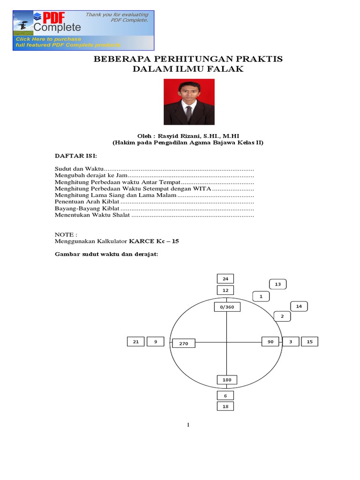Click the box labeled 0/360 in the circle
(x=226, y=307)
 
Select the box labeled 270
(x=183, y=344)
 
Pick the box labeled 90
(x=270, y=342)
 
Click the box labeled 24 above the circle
(x=225, y=279)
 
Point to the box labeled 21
(x=135, y=342)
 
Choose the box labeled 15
(x=309, y=342)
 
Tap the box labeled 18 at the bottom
(x=225, y=406)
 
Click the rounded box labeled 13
(x=277, y=284)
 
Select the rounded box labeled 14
(x=299, y=307)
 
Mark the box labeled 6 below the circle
(x=225, y=396)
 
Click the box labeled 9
(x=155, y=342)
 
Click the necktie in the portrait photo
(x=188, y=112)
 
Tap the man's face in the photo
(x=189, y=93)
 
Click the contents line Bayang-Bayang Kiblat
(x=87, y=208)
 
